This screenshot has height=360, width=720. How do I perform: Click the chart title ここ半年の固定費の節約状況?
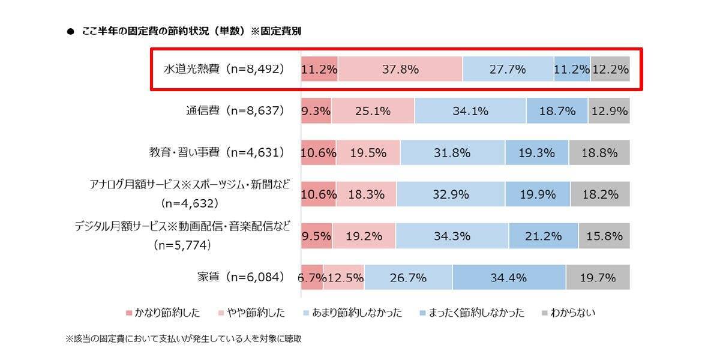click(x=191, y=31)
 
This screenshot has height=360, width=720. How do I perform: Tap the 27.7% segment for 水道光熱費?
click(x=508, y=69)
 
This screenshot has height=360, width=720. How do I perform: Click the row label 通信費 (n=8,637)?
click(x=233, y=111)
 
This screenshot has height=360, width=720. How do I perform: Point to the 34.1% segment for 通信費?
click(x=470, y=111)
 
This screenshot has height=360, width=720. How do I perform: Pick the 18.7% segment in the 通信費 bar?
click(x=557, y=111)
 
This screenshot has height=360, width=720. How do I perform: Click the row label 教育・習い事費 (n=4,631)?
click(x=216, y=152)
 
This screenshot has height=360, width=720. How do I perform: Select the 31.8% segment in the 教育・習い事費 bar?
click(x=452, y=152)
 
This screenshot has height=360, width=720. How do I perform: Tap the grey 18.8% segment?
click(x=599, y=152)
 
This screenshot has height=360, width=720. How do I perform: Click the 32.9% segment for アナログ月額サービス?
click(x=450, y=194)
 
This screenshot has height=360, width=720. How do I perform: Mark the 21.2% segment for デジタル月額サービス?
click(x=543, y=236)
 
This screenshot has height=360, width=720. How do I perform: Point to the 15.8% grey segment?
click(x=604, y=236)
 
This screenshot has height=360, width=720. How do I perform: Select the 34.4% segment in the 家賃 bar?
click(x=509, y=278)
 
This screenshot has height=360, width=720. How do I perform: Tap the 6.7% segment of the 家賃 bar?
click(x=311, y=278)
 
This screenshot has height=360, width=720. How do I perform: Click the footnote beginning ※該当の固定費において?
click(x=184, y=339)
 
